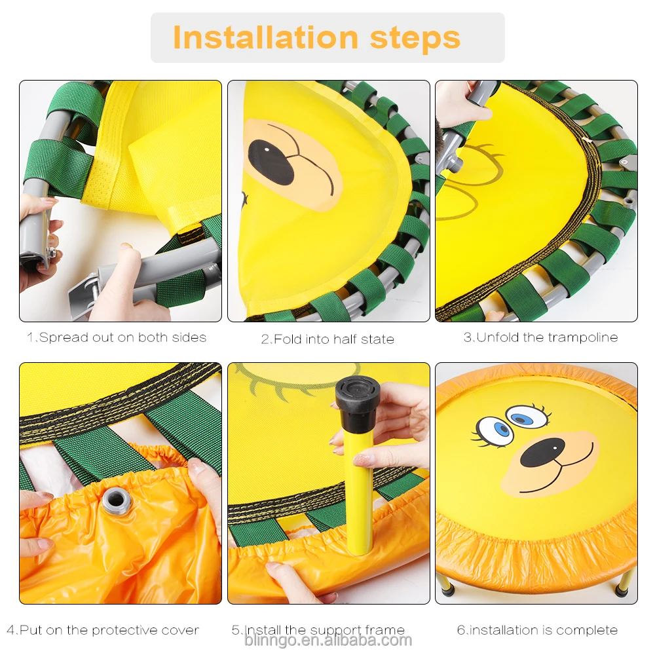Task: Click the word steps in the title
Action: [x=415, y=37]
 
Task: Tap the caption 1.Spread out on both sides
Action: [x=117, y=338]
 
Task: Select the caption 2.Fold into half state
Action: [x=327, y=339]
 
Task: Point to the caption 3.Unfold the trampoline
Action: [x=540, y=338]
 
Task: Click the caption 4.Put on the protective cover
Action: [x=103, y=630]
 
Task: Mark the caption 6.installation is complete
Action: [x=537, y=630]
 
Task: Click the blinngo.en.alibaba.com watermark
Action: [x=327, y=641]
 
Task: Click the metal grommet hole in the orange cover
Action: [x=116, y=502]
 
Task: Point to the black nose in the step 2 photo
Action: [x=271, y=162]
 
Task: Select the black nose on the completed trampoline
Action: [x=542, y=453]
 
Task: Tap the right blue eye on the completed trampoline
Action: [x=526, y=417]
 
